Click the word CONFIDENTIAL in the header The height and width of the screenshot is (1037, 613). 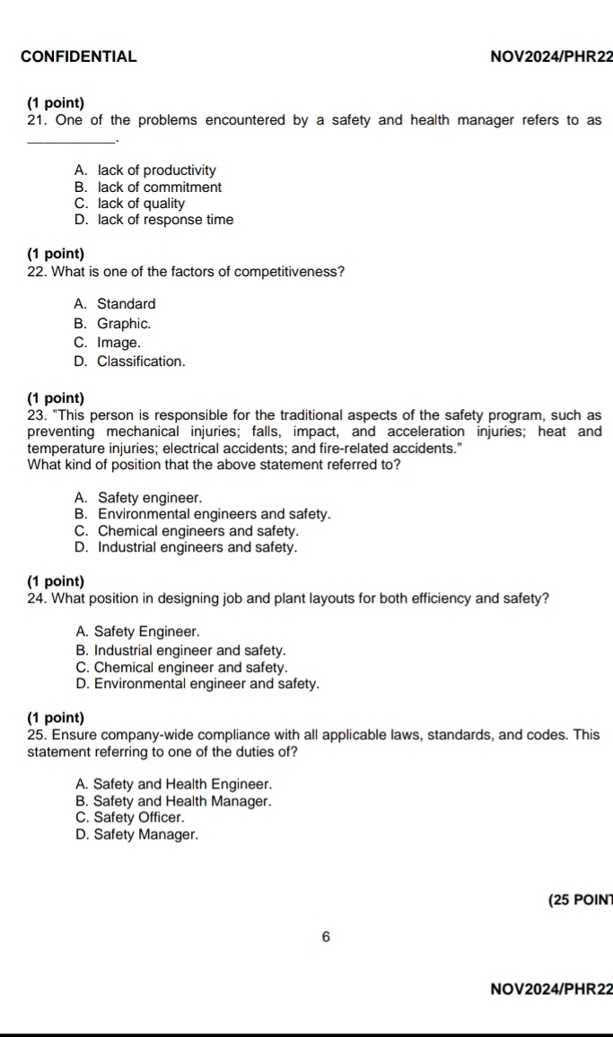click(78, 57)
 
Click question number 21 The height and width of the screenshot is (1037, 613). click(37, 120)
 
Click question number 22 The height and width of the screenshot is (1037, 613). click(37, 273)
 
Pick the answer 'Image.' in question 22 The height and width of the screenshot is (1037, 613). click(118, 343)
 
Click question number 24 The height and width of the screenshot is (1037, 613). click(37, 599)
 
